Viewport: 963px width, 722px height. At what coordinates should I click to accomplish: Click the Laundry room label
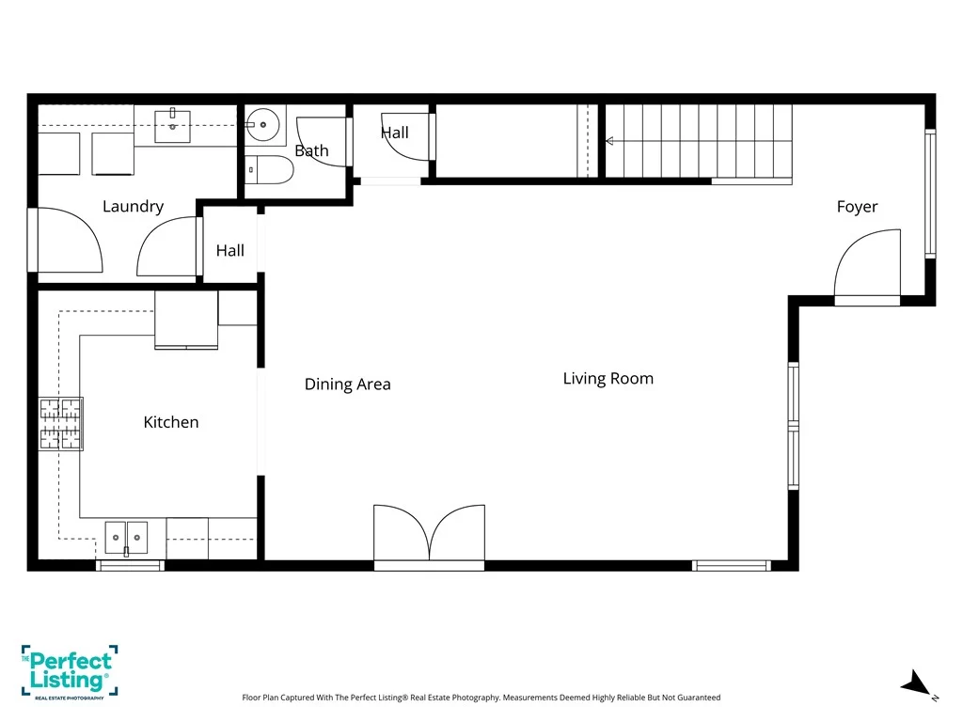tap(133, 206)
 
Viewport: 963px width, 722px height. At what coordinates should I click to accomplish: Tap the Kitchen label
tap(171, 422)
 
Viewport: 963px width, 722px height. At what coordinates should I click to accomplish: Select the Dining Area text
tap(348, 385)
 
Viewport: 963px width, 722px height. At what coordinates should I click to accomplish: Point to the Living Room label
tap(608, 378)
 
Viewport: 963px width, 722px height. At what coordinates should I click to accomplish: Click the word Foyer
tap(857, 207)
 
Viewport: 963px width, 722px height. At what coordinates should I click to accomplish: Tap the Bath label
tap(311, 150)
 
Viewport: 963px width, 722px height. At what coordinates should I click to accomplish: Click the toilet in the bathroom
tap(269, 170)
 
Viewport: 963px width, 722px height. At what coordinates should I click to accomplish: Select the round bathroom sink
tap(263, 125)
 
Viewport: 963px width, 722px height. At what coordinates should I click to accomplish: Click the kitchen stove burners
tap(60, 424)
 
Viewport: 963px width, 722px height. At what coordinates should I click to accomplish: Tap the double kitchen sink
tap(127, 538)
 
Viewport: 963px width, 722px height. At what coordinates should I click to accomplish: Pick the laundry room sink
tap(173, 126)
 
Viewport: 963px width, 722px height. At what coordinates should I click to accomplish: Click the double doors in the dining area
tap(429, 533)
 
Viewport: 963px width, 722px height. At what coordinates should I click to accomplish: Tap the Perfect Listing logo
tap(69, 672)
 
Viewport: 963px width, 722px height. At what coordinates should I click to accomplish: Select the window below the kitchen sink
tap(130, 565)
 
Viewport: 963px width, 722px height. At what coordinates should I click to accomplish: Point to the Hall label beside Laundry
tap(230, 250)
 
